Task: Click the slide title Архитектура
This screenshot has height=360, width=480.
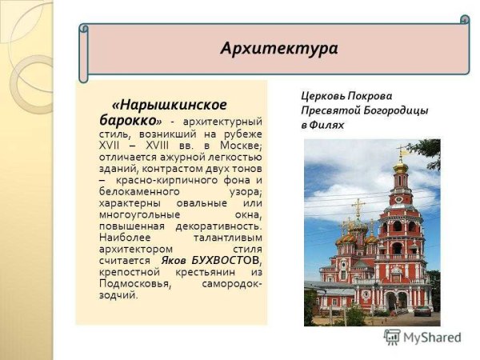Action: (278, 49)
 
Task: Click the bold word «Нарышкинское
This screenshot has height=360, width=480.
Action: (170, 105)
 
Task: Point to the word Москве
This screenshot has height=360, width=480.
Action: (241, 146)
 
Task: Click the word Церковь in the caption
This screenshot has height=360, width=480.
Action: (324, 95)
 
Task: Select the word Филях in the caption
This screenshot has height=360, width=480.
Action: (328, 125)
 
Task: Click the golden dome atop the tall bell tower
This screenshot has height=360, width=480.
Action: (401, 167)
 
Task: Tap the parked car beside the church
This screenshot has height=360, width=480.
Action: (422, 310)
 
